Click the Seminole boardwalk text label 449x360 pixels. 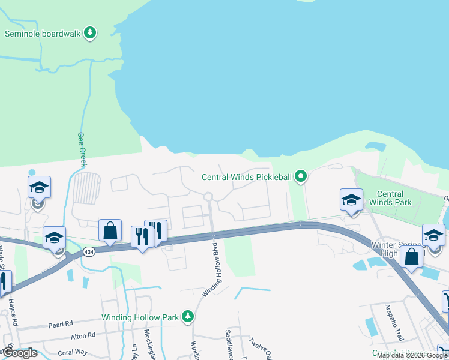click(x=43, y=34)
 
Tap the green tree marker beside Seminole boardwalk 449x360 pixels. click(x=90, y=32)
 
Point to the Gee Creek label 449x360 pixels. click(x=82, y=149)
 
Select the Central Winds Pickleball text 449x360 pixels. click(x=246, y=176)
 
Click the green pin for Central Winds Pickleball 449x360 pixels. click(x=301, y=176)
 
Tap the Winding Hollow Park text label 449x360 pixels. click(x=139, y=317)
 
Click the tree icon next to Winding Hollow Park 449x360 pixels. click(x=188, y=316)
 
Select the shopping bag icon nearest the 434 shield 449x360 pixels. click(x=110, y=230)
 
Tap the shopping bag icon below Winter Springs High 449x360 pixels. click(x=412, y=257)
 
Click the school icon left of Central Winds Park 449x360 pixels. click(x=351, y=199)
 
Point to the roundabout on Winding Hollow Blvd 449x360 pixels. click(x=209, y=196)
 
